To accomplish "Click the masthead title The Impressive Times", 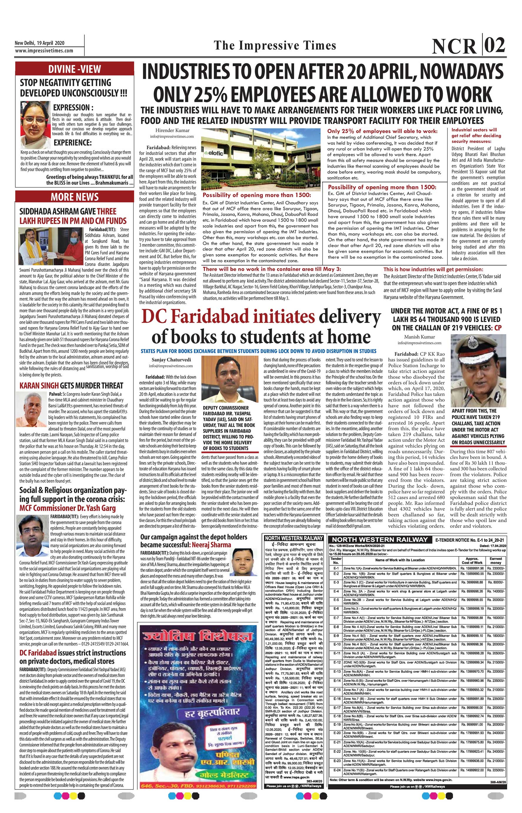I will click(x=275, y=45).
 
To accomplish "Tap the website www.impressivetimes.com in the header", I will click(x=44, y=51).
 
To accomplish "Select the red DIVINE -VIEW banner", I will click(x=75, y=69).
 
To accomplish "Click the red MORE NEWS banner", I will click(x=75, y=197).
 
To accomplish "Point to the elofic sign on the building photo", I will click(x=214, y=153).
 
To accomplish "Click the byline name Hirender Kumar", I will click(x=172, y=130).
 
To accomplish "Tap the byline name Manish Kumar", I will click(x=419, y=337).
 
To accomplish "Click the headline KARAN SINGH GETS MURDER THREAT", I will click(x=71, y=386).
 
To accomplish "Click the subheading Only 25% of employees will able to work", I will click(x=382, y=131).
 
